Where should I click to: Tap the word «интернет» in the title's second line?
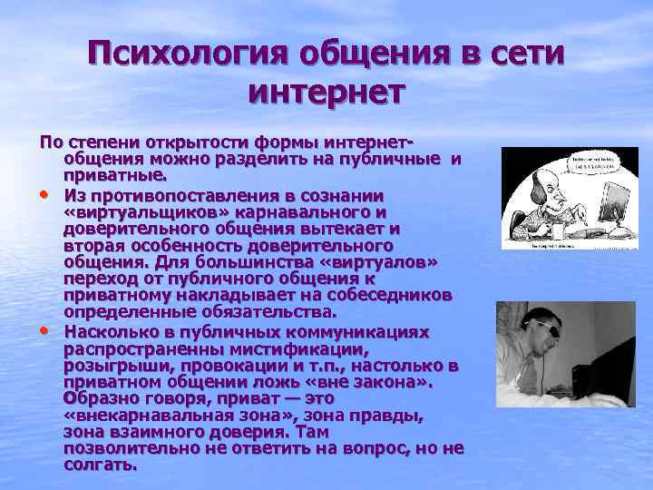326,91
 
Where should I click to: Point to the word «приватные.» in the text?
114,174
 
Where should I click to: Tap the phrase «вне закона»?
375,382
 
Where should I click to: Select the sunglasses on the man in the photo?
545,328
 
